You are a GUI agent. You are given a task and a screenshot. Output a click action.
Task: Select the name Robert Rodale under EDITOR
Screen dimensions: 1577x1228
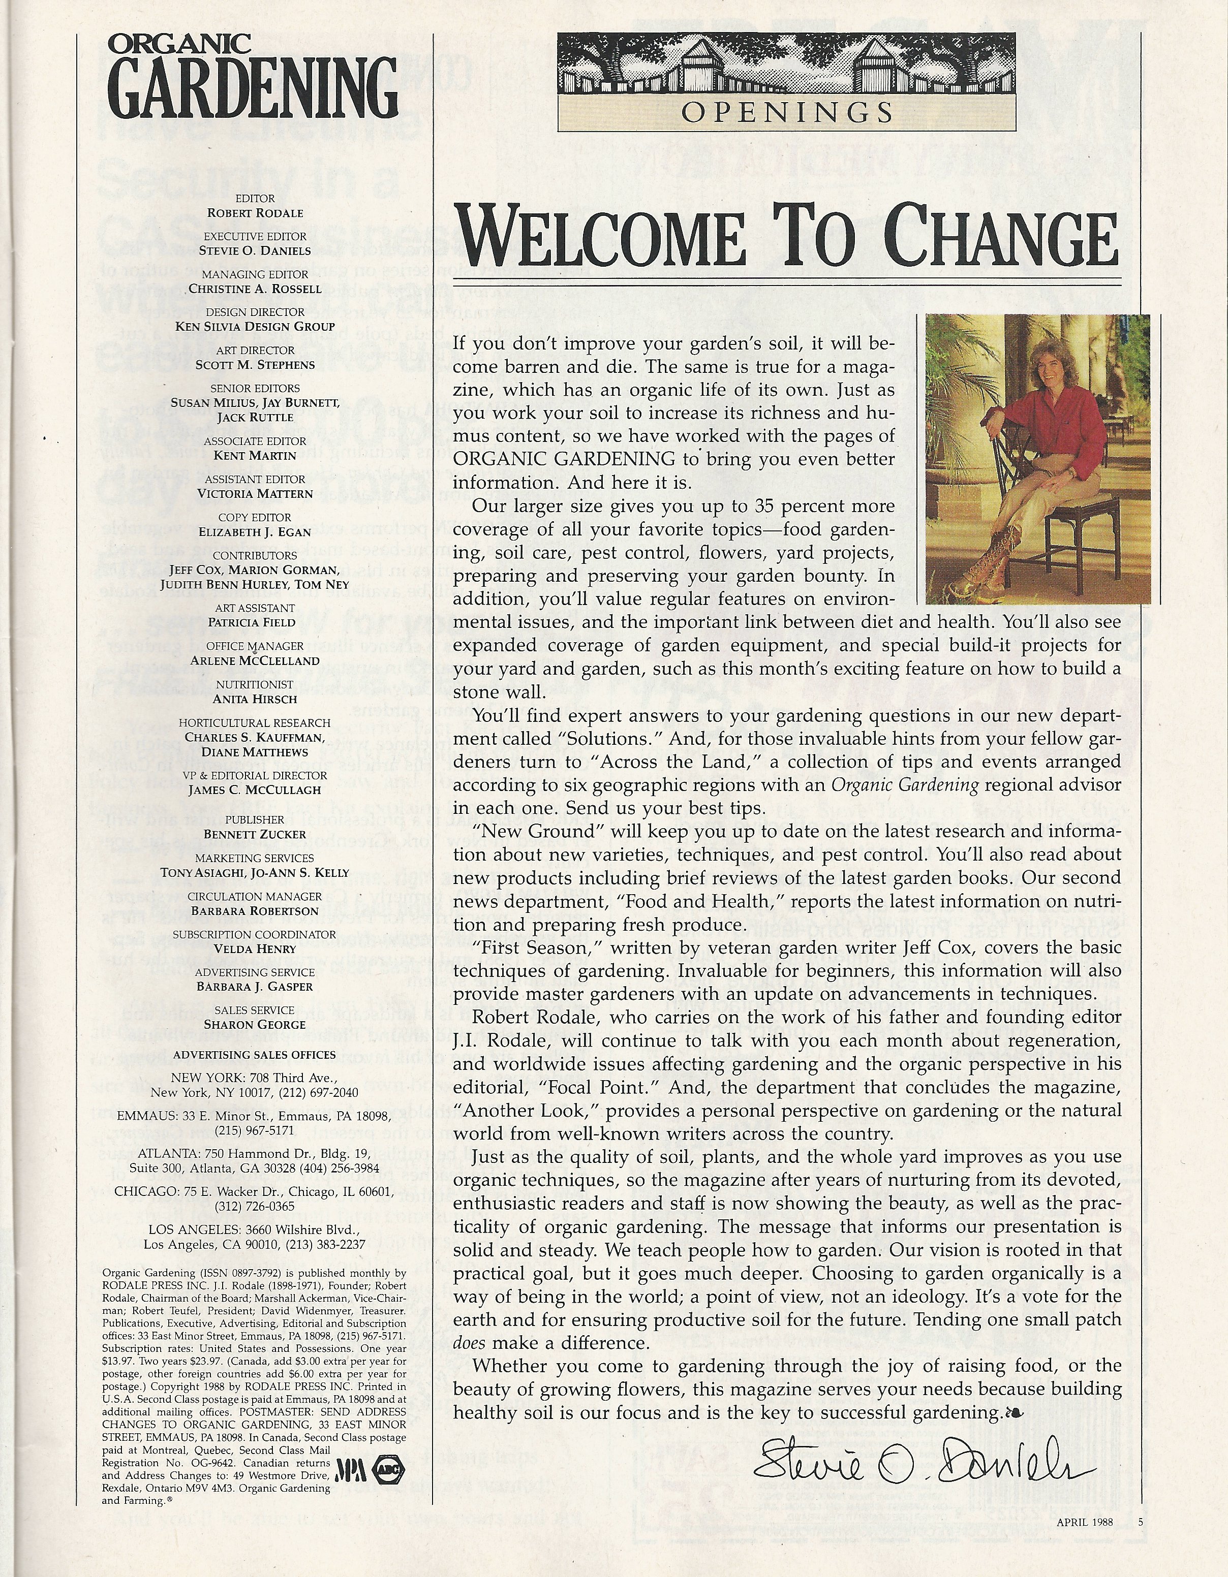(x=255, y=213)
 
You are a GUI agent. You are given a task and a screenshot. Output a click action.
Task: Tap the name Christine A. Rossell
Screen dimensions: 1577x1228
(x=255, y=289)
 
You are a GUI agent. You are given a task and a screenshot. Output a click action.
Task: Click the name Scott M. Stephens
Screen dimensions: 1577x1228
(x=255, y=365)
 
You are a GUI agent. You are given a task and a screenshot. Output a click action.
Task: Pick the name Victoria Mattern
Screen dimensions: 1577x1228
(x=255, y=494)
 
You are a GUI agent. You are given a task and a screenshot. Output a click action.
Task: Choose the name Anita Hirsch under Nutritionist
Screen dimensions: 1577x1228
(x=255, y=699)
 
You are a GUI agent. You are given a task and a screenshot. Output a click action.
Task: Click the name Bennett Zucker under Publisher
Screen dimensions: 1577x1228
(x=255, y=834)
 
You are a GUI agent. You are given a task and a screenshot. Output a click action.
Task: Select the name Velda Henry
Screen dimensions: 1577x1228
(x=255, y=949)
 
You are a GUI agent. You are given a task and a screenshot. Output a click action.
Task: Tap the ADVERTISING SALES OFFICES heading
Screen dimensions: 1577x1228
(x=255, y=1054)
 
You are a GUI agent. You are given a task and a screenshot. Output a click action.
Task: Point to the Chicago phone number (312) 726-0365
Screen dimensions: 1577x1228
(x=255, y=1206)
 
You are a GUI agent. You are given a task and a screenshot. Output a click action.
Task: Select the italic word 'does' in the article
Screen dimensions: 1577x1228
(x=469, y=1344)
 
